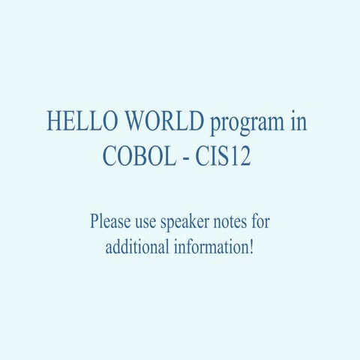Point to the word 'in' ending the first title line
(298, 122)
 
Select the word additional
(136, 246)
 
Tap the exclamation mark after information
(252, 246)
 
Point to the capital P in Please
(94, 223)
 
